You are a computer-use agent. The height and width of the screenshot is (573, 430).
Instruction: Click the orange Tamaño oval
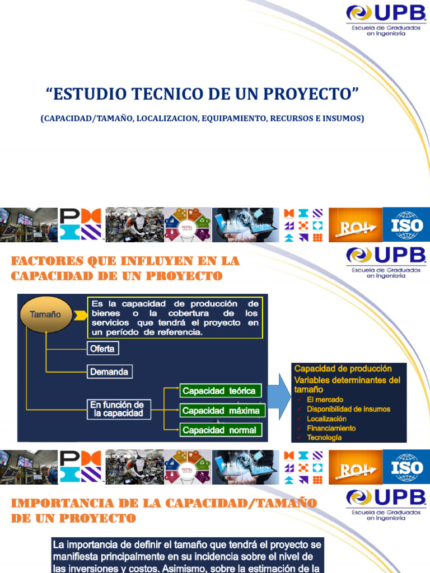49,314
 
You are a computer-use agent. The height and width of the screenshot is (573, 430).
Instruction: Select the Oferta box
102,349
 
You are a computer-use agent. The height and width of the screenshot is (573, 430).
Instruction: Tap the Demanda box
109,372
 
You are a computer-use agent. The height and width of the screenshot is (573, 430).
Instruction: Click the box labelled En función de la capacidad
118,409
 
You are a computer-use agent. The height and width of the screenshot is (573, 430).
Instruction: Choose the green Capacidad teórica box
219,391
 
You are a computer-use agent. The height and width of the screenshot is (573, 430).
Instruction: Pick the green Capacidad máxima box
221,410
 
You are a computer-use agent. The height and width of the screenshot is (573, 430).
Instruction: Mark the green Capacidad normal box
219,430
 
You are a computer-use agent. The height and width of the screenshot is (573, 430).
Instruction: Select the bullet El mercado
325,399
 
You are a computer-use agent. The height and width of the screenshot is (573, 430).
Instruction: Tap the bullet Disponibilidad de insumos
348,409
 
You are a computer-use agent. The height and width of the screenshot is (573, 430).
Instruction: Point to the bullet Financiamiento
331,428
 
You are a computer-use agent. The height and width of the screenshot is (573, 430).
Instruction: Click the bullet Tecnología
324,438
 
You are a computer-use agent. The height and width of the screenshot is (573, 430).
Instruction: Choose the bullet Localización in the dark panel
326,419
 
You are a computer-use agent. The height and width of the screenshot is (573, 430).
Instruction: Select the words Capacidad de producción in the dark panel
343,369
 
